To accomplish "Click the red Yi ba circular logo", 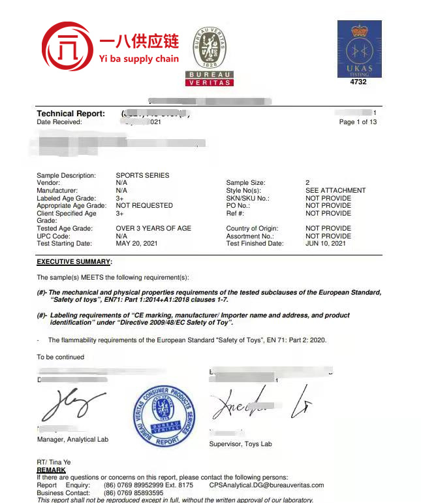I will [x=68, y=48].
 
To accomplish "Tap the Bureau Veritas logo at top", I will [x=210, y=56].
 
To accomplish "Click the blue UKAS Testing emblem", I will [x=358, y=49].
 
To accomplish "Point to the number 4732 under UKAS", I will [x=358, y=82].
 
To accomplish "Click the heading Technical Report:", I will [x=70, y=114].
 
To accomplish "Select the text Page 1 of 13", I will [x=358, y=122].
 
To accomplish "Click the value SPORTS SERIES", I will [x=142, y=176].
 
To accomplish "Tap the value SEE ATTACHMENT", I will [x=335, y=191].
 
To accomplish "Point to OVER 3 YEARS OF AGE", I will [x=153, y=229].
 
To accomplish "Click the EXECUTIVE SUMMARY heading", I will [x=74, y=262].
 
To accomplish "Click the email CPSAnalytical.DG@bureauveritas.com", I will [x=266, y=485].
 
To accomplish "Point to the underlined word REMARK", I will [x=51, y=470].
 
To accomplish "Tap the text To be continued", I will [x=60, y=357].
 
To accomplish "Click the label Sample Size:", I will [x=247, y=183].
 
